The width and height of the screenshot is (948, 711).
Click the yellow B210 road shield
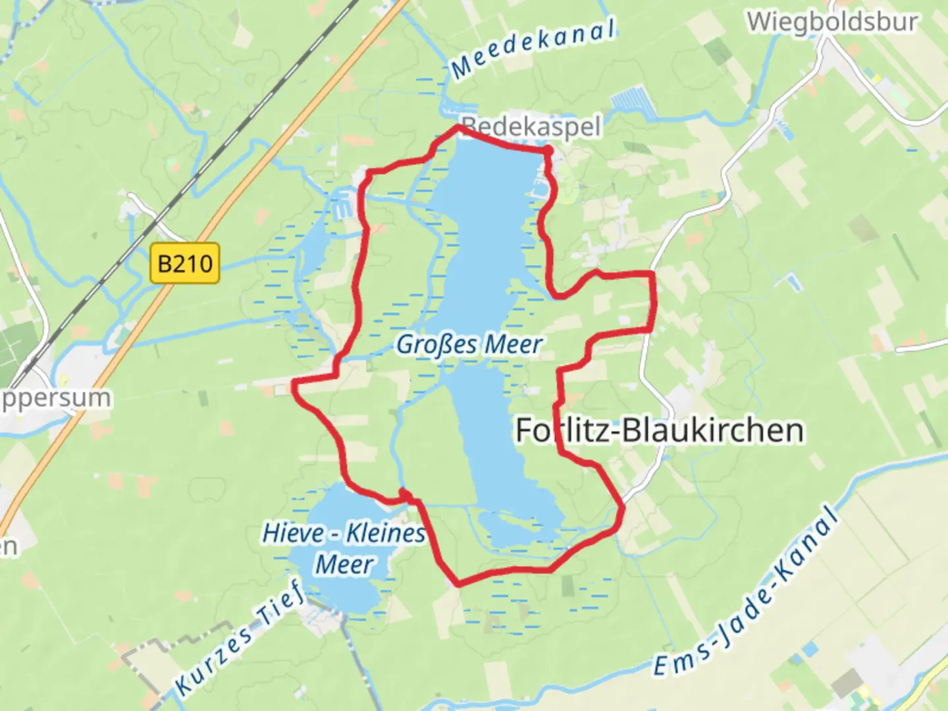pyautogui.click(x=184, y=264)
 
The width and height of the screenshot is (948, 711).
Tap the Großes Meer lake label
pyautogui.click(x=469, y=344)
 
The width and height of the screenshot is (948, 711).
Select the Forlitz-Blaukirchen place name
pyautogui.click(x=659, y=431)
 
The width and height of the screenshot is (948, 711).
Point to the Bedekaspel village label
pyautogui.click(x=531, y=126)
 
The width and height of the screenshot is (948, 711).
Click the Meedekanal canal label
pyautogui.click(x=533, y=48)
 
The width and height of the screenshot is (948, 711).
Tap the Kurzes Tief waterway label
pyautogui.click(x=241, y=638)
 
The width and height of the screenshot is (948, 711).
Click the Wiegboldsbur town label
pyautogui.click(x=832, y=22)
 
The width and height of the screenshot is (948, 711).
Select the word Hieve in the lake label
pyautogui.click(x=294, y=533)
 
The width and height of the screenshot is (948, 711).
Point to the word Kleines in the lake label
pyautogui.click(x=386, y=533)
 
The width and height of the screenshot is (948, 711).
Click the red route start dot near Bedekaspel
pyautogui.click(x=548, y=152)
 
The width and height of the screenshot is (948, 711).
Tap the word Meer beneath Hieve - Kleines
pyautogui.click(x=344, y=564)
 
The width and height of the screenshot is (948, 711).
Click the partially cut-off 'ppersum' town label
pyautogui.click(x=56, y=398)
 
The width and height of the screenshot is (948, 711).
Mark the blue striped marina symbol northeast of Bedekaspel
pyautogui.click(x=631, y=105)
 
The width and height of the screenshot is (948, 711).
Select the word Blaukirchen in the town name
pyautogui.click(x=712, y=431)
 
